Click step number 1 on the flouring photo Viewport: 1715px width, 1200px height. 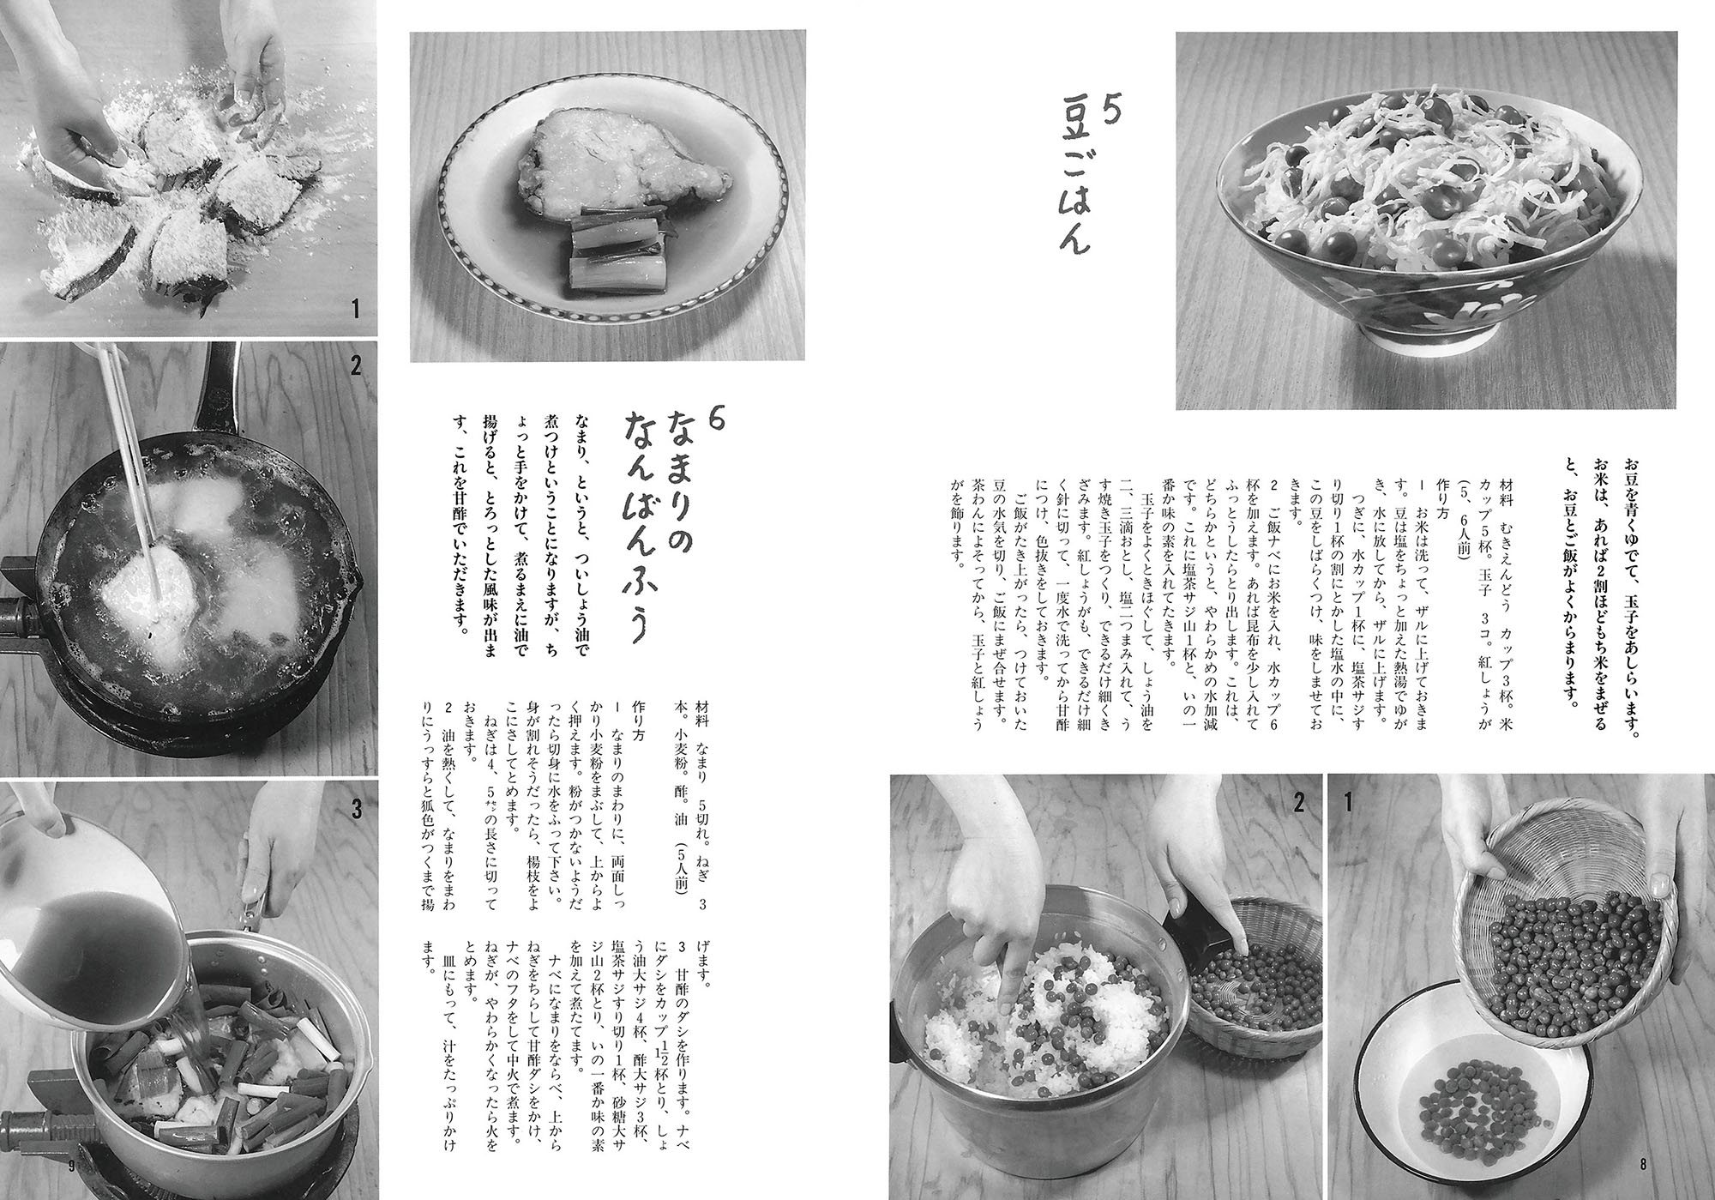(x=357, y=307)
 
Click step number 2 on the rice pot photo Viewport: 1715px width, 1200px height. (x=1298, y=804)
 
